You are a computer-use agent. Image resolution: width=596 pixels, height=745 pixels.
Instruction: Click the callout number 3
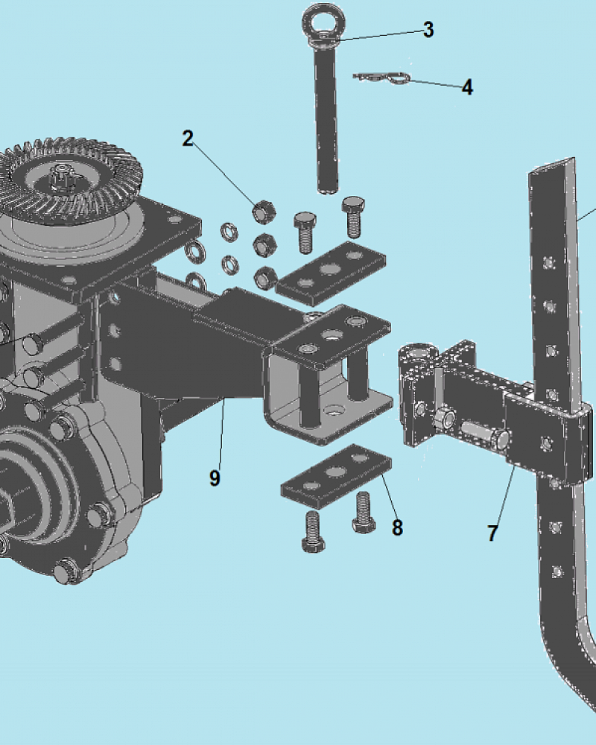pyautogui.click(x=428, y=30)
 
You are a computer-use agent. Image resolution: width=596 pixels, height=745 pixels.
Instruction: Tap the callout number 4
pyautogui.click(x=467, y=87)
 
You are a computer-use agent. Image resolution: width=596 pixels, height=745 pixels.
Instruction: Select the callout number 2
pyautogui.click(x=188, y=139)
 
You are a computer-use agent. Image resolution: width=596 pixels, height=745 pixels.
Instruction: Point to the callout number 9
pyautogui.click(x=215, y=478)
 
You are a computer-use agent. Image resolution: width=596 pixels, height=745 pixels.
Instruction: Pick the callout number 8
pyautogui.click(x=397, y=527)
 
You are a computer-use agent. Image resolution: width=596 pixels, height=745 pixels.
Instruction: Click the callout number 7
pyautogui.click(x=492, y=533)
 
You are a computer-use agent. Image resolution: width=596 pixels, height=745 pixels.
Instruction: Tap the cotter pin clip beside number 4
pyautogui.click(x=381, y=77)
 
